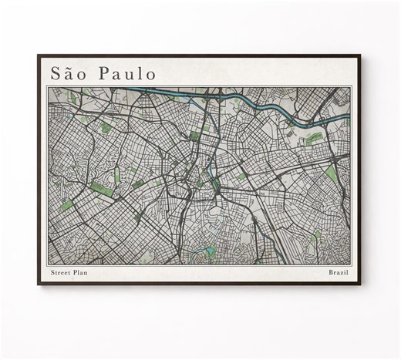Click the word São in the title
coord(66,73)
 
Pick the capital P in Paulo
coord(98,73)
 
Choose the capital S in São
coord(56,73)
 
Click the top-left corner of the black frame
coord(38,55)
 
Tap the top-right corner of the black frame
coord(363,55)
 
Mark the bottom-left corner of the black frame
coord(38,287)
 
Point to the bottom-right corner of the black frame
coord(363,287)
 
